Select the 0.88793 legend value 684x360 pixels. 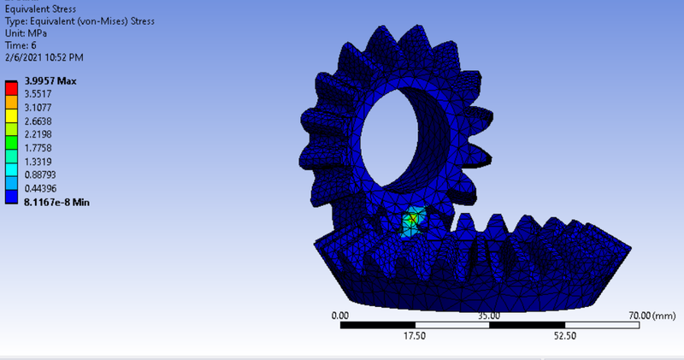[x=40, y=174]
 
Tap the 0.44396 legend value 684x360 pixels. [x=40, y=187]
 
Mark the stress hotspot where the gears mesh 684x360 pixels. [x=412, y=220]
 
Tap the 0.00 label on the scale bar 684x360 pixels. [x=340, y=316]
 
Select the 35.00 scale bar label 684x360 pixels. [x=489, y=316]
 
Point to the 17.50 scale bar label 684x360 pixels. [x=415, y=336]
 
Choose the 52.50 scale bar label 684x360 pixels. [x=564, y=336]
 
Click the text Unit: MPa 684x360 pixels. [x=27, y=33]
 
